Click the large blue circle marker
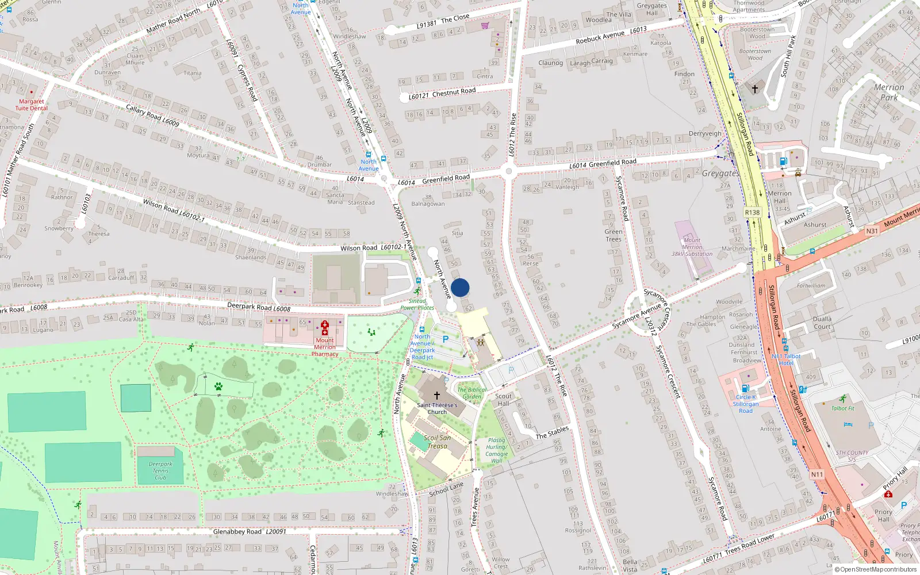coord(460,287)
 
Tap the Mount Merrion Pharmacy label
coord(325,347)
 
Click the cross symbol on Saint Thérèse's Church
coord(437,396)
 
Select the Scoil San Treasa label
coord(437,442)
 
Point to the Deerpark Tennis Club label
coord(160,471)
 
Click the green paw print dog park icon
coord(218,386)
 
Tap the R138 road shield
coord(752,212)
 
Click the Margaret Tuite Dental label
coord(32,105)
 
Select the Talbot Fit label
coord(843,408)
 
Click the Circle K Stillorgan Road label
coord(746,404)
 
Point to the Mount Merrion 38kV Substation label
coord(692,247)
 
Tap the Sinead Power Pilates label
coord(417,304)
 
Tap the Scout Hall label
coord(503,400)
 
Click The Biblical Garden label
coord(472,393)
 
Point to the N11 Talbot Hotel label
coord(786,359)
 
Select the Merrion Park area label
coord(889,92)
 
